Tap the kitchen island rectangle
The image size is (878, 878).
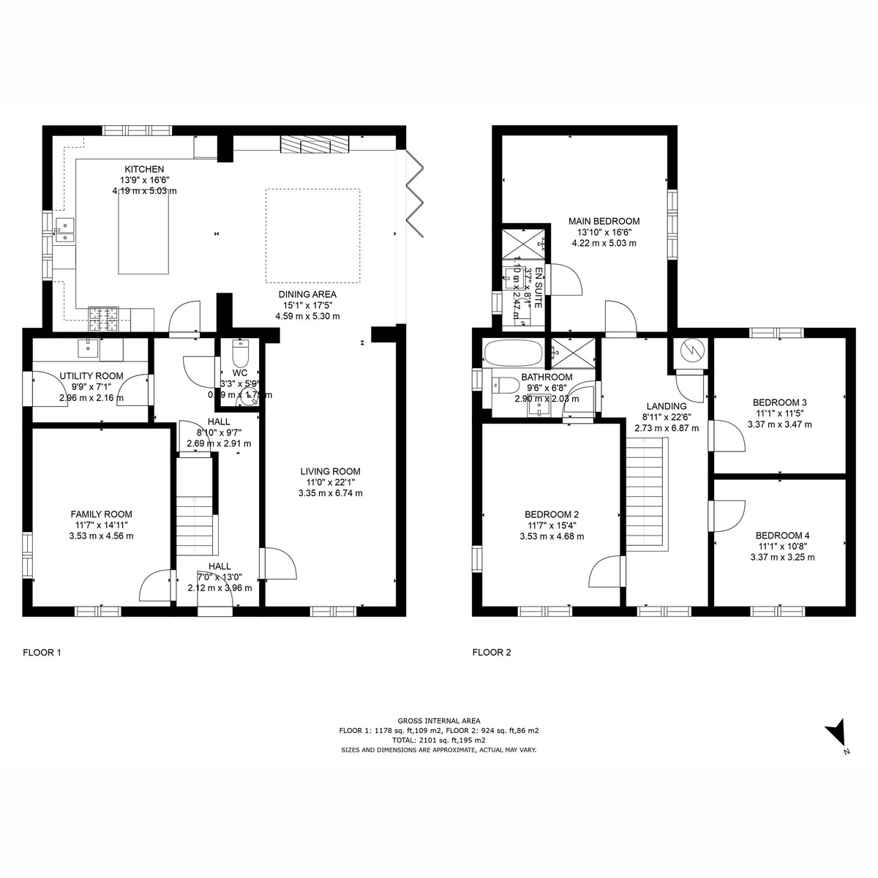(143, 235)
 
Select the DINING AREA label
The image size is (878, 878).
(307, 295)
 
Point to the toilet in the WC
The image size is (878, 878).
(240, 356)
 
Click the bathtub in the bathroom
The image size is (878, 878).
(514, 354)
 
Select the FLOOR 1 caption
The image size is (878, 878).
(42, 653)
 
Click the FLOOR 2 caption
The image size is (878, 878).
(492, 653)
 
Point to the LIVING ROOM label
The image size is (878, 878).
(330, 472)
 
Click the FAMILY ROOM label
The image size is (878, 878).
(101, 514)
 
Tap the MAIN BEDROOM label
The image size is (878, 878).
(604, 221)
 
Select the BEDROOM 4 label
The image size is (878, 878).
(782, 535)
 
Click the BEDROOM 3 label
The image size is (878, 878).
(780, 402)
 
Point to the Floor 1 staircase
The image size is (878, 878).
(196, 505)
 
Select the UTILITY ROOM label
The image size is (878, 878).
(91, 376)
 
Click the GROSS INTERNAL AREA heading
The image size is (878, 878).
(439, 721)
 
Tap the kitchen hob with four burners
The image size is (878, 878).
(105, 318)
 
